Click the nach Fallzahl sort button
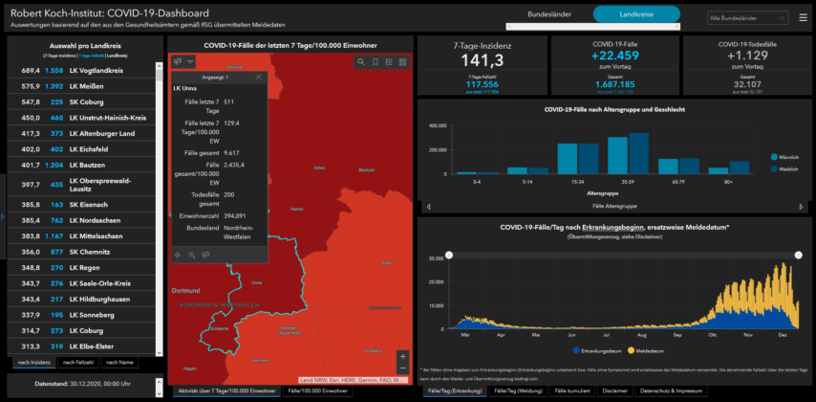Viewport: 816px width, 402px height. point(77,362)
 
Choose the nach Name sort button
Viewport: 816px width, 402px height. point(119,362)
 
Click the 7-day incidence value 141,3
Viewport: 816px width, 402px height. point(482,62)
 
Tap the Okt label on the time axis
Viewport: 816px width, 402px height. point(712,336)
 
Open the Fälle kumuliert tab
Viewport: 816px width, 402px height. point(572,391)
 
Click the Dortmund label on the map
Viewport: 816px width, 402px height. point(185,291)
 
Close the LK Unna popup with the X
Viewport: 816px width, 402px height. point(259,77)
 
